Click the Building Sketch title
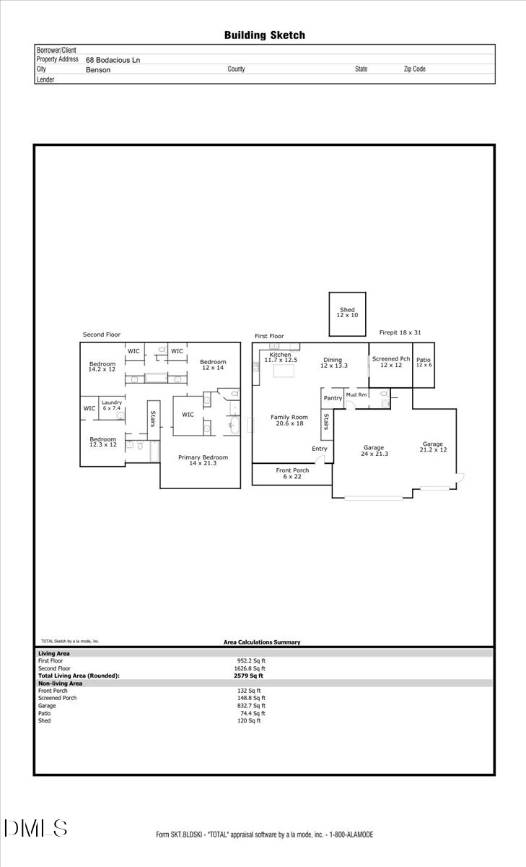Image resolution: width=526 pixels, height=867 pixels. (x=264, y=35)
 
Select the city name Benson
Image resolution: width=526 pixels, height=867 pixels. (x=97, y=70)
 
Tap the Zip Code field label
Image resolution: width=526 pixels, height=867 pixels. (x=414, y=69)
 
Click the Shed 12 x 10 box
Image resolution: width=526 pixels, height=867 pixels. (x=347, y=314)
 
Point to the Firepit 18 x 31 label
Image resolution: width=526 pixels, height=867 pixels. (x=400, y=332)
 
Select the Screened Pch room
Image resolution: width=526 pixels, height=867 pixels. (x=390, y=362)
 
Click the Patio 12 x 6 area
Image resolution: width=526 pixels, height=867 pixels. (x=423, y=363)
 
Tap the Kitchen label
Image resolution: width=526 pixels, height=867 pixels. (x=280, y=355)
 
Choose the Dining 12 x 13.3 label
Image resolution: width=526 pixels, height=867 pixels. (x=333, y=363)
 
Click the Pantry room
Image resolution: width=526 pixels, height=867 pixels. (x=333, y=398)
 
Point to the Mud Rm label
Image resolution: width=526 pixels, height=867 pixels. (x=356, y=395)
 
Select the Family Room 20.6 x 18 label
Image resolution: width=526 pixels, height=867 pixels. (x=289, y=420)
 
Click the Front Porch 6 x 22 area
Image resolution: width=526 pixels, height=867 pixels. (x=292, y=473)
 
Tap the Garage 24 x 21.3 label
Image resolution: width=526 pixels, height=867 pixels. (x=373, y=451)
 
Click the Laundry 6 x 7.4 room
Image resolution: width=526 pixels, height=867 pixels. (x=111, y=405)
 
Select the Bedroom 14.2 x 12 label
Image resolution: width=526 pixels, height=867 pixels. (x=102, y=366)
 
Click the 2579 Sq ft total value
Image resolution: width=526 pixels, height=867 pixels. (x=248, y=676)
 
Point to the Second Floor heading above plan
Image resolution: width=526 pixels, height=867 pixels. (x=102, y=335)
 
